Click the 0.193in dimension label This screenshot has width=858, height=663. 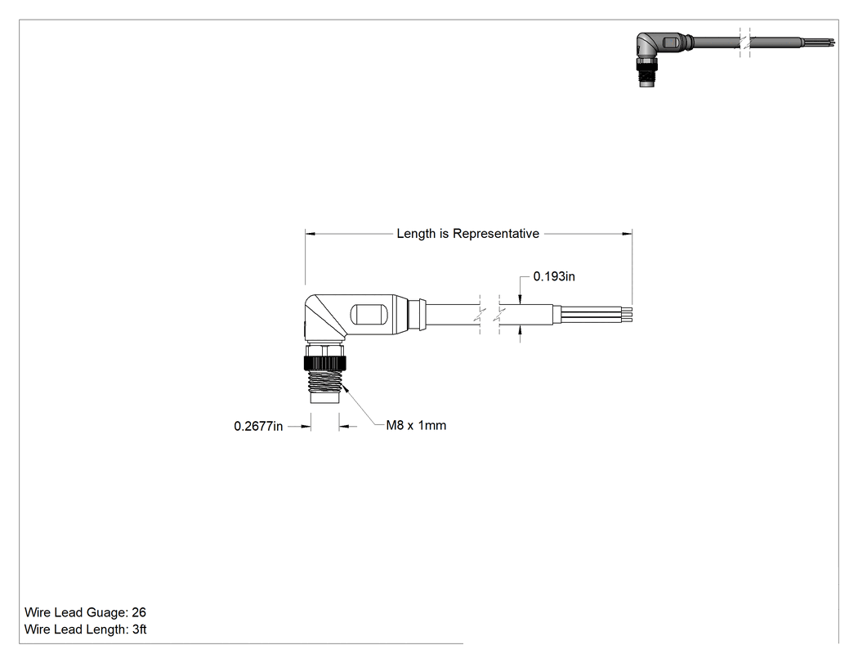tap(554, 276)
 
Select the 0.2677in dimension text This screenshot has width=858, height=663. tap(258, 426)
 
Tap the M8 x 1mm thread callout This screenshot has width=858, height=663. tap(416, 425)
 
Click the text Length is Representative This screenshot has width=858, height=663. tap(468, 234)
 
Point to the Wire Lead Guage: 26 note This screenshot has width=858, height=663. tap(85, 612)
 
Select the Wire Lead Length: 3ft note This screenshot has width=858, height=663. tap(85, 629)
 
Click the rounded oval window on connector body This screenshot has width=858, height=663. tap(368, 315)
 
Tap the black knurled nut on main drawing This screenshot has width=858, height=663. tap(324, 362)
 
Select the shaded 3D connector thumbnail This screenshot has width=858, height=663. tap(735, 57)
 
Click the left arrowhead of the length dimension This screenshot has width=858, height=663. tap(311, 234)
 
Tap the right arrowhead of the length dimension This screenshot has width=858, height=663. tap(627, 234)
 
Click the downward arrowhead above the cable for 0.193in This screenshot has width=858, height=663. tap(520, 299)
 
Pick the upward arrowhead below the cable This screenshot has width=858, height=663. tap(520, 330)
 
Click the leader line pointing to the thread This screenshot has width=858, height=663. tap(361, 405)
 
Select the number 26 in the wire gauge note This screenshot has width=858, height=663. tap(139, 612)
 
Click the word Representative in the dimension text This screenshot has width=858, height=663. tap(496, 234)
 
